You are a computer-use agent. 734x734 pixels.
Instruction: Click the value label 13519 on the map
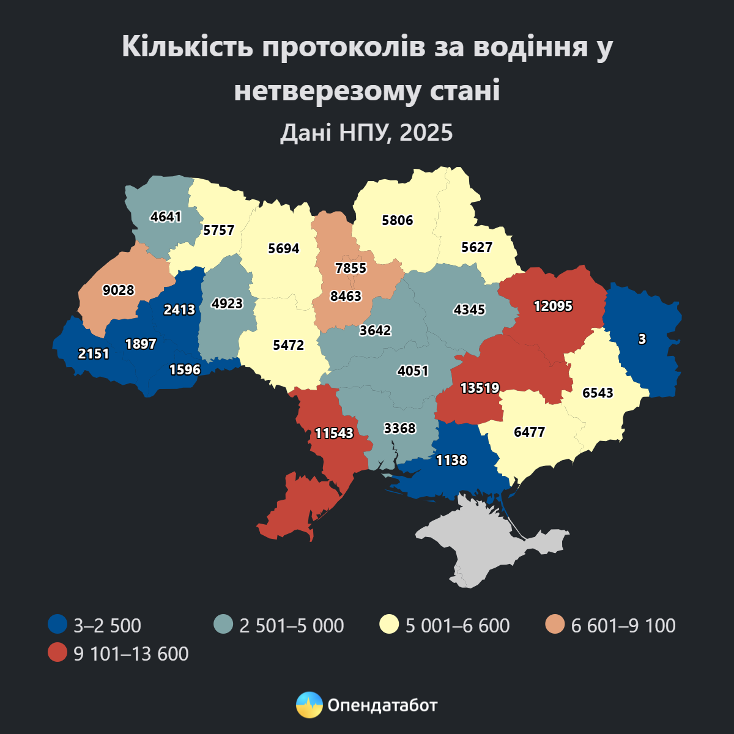(480, 388)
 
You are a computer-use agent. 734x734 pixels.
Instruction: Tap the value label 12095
(553, 306)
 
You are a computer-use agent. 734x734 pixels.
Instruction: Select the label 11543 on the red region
(334, 433)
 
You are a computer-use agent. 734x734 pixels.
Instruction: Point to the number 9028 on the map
(118, 290)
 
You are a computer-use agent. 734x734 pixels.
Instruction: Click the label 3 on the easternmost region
(642, 339)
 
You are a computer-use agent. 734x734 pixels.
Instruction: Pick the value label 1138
(451, 460)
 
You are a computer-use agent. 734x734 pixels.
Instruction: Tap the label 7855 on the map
(350, 268)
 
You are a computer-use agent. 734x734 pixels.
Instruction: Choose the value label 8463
(346, 297)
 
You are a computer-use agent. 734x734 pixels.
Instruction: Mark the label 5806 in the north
(397, 221)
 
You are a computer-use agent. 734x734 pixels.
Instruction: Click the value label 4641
(166, 217)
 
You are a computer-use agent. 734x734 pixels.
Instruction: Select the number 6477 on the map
(529, 432)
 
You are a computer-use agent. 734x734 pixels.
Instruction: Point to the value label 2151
(94, 354)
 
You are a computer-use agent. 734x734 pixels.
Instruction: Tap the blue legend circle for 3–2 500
(57, 625)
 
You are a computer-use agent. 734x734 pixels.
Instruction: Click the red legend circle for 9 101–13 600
(57, 653)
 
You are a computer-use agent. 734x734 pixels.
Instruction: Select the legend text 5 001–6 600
(458, 626)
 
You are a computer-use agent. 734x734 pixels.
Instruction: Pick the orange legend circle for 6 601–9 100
(555, 625)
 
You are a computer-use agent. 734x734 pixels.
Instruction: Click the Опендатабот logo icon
(309, 705)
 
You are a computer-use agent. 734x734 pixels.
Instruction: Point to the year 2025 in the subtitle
(426, 132)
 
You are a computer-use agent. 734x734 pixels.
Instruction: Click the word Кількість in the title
(187, 47)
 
